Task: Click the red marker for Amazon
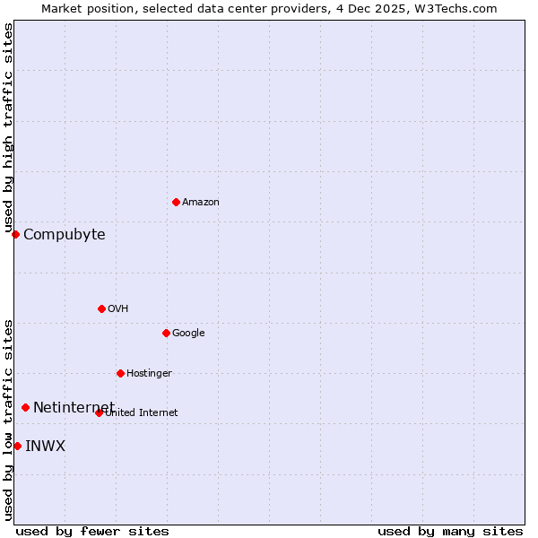pyautogui.click(x=176, y=202)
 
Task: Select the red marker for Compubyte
pyautogui.click(x=15, y=234)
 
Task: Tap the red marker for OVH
pyautogui.click(x=101, y=308)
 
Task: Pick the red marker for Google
pyautogui.click(x=166, y=333)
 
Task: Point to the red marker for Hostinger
pyautogui.click(x=120, y=373)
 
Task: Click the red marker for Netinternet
pyautogui.click(x=25, y=407)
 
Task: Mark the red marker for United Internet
pyautogui.click(x=99, y=412)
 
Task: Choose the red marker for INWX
pyautogui.click(x=17, y=446)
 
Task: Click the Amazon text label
pyautogui.click(x=200, y=203)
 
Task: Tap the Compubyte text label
pyautogui.click(x=64, y=235)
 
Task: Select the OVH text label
pyautogui.click(x=117, y=309)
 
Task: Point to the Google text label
pyautogui.click(x=188, y=334)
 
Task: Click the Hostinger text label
pyautogui.click(x=149, y=374)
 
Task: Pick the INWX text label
pyautogui.click(x=45, y=447)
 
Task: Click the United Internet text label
pyautogui.click(x=142, y=413)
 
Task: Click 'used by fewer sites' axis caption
pyautogui.click(x=92, y=531)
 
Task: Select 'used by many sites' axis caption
pyautogui.click(x=450, y=531)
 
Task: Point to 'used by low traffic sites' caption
pyautogui.click(x=8, y=419)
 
